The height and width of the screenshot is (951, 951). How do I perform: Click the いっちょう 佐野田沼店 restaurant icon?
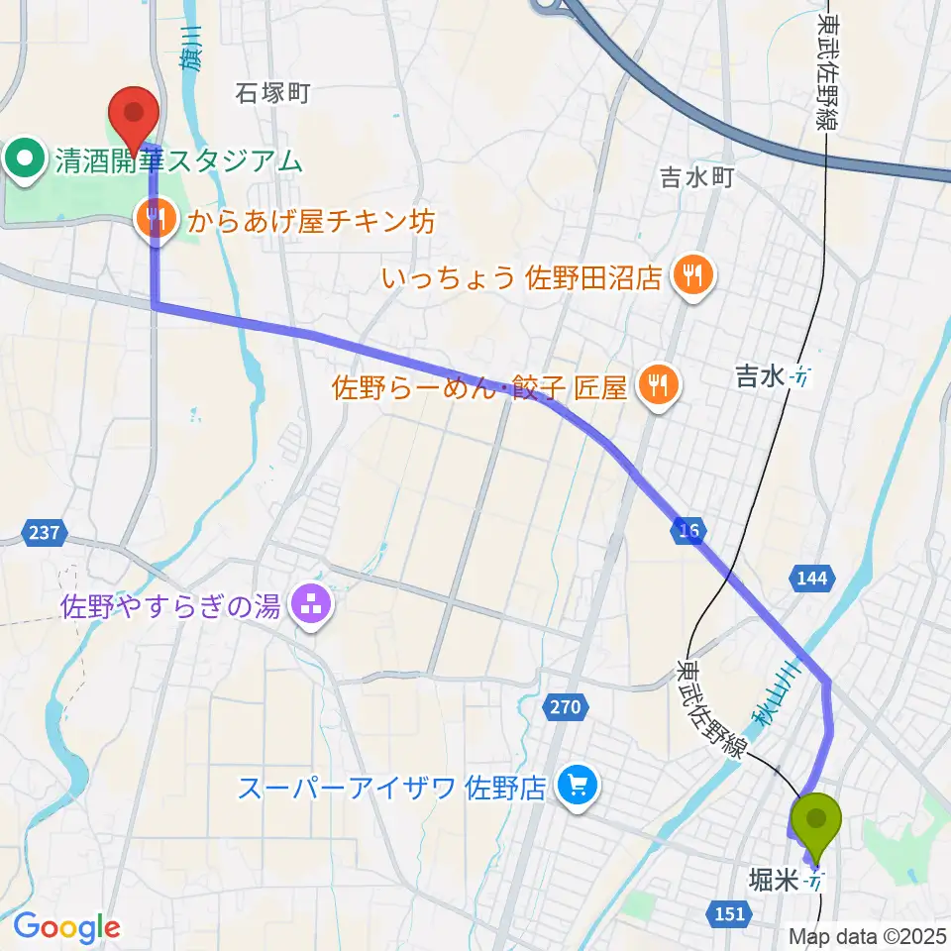point(689,274)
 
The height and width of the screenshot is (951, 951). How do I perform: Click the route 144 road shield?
point(811,578)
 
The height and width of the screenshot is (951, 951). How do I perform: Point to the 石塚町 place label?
point(273,94)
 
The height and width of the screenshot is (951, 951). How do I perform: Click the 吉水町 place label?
point(697,178)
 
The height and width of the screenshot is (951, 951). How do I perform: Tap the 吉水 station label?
point(760,376)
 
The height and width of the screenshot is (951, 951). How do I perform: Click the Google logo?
point(65,927)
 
